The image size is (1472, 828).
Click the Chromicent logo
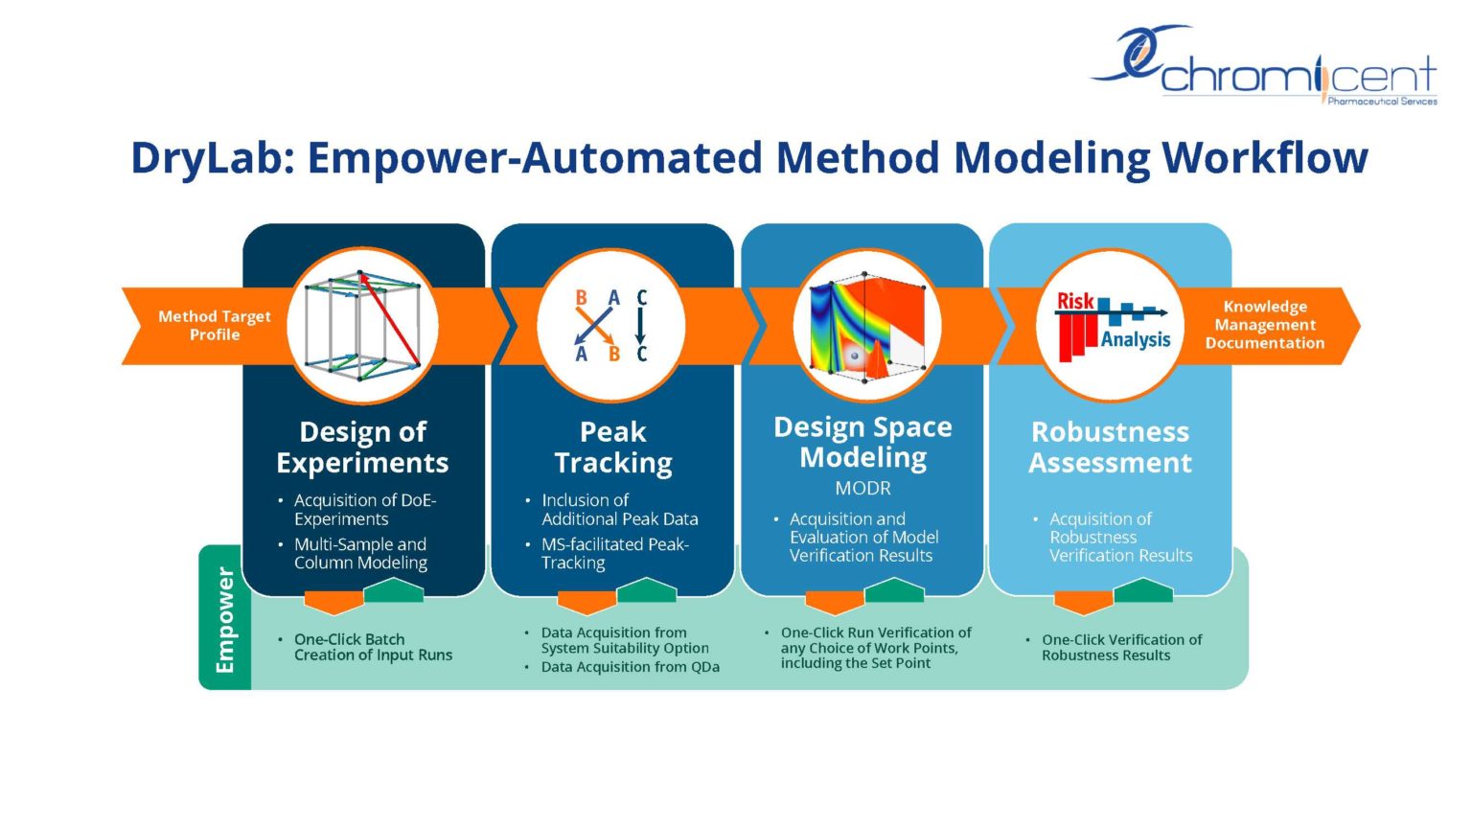(x=1265, y=67)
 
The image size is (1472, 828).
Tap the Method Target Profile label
(x=214, y=326)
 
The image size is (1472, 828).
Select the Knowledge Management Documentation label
(x=1264, y=325)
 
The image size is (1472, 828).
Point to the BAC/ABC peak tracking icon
(x=611, y=326)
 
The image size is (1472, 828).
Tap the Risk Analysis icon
(x=1112, y=326)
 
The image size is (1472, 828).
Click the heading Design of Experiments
(x=362, y=448)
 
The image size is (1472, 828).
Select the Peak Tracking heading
(x=613, y=448)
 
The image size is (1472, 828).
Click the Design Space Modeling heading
(x=862, y=442)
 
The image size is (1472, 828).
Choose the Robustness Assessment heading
(x=1110, y=448)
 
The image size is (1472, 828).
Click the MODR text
(x=862, y=489)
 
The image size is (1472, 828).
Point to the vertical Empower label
(x=225, y=619)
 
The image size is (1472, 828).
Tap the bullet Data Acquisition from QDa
(x=630, y=667)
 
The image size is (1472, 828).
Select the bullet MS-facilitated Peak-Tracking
(x=614, y=554)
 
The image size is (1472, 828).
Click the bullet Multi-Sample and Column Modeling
(x=360, y=554)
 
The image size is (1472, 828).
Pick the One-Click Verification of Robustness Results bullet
(x=1121, y=648)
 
